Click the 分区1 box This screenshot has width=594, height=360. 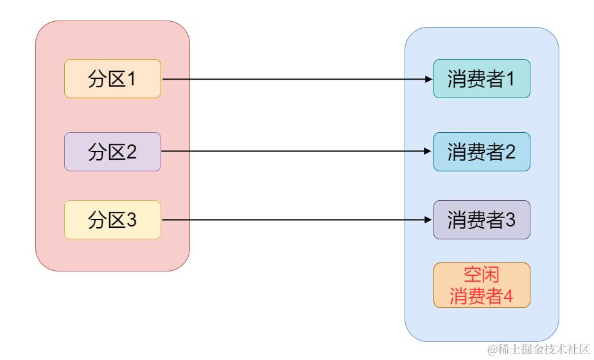click(112, 79)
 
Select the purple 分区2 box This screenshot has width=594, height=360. click(112, 152)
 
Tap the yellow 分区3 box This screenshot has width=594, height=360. click(112, 220)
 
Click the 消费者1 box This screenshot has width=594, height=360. click(482, 79)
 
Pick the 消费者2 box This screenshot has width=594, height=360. click(482, 152)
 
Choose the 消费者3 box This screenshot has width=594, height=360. click(482, 220)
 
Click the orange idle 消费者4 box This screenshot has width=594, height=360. click(482, 285)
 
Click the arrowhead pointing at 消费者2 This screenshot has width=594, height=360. click(430, 152)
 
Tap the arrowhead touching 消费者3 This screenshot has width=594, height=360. click(430, 220)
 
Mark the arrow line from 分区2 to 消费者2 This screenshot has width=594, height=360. click(295, 152)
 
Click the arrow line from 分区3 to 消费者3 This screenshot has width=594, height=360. click(295, 220)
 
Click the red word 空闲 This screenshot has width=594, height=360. click(482, 275)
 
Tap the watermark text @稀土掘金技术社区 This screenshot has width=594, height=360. click(538, 349)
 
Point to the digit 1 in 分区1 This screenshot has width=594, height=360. click(132, 79)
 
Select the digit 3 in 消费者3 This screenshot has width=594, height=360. click(511, 220)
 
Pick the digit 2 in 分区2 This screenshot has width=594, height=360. click(132, 152)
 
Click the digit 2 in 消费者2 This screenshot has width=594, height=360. click(511, 152)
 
